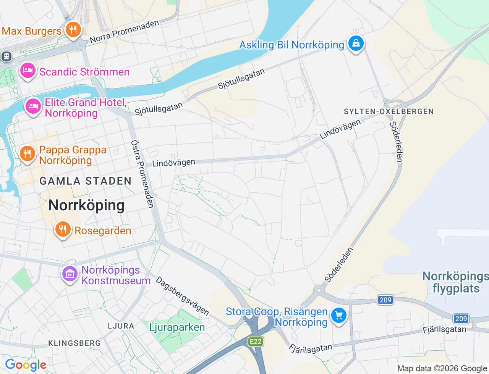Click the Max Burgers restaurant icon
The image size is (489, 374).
pos(73,29)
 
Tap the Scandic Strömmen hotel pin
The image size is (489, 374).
pos(28,71)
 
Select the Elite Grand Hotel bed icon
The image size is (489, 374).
pos(33,106)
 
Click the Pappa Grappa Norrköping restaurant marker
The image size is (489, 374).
pos(27,154)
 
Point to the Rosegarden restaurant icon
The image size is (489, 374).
pos(63,229)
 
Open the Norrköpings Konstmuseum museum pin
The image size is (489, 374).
pos(70,274)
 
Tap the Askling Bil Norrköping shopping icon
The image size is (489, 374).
pos(356,43)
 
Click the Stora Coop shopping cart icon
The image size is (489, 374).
pos(338,316)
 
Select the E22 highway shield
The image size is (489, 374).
pos(256,341)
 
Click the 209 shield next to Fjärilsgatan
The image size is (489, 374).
pos(461,319)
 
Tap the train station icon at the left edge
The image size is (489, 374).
pos(6,56)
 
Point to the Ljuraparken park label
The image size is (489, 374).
pos(177,327)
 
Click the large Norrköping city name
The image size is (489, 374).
pos(86,205)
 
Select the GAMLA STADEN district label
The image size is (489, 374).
pos(86,181)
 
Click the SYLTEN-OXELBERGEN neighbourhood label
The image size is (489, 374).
pos(389,111)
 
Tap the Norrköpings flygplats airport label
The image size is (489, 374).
pos(456,282)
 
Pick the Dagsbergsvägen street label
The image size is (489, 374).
pos(183,296)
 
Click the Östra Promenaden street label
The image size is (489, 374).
pos(142,174)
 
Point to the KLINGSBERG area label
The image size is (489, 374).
pos(74,343)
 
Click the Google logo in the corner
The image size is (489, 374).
pos(26,365)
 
